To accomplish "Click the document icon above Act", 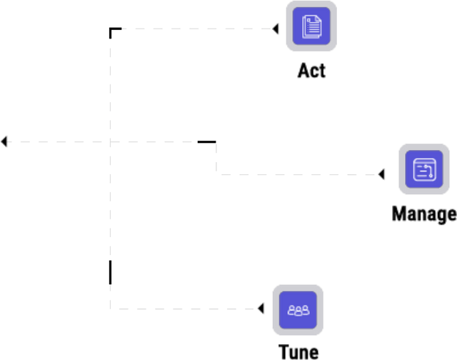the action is pyautogui.click(x=311, y=26).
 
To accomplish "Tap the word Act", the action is pyautogui.click(x=311, y=71).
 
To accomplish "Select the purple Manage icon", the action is pyautogui.click(x=424, y=169).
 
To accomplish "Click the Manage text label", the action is pyautogui.click(x=424, y=214).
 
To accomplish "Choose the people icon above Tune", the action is pyautogui.click(x=298, y=310).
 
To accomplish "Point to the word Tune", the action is pyautogui.click(x=298, y=352).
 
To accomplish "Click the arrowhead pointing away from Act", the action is pyautogui.click(x=276, y=29).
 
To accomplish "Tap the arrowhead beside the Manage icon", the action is pyautogui.click(x=381, y=174).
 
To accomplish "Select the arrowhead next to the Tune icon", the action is pyautogui.click(x=261, y=309).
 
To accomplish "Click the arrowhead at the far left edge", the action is pyautogui.click(x=4, y=141).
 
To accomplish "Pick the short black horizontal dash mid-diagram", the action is pyautogui.click(x=206, y=142).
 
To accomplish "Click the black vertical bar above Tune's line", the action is pyautogui.click(x=110, y=272).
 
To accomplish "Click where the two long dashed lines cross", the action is pyautogui.click(x=110, y=142).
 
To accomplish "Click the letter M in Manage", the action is pyautogui.click(x=398, y=214).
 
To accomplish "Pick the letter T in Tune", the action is pyautogui.click(x=284, y=352).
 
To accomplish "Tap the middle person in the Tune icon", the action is pyautogui.click(x=298, y=311).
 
